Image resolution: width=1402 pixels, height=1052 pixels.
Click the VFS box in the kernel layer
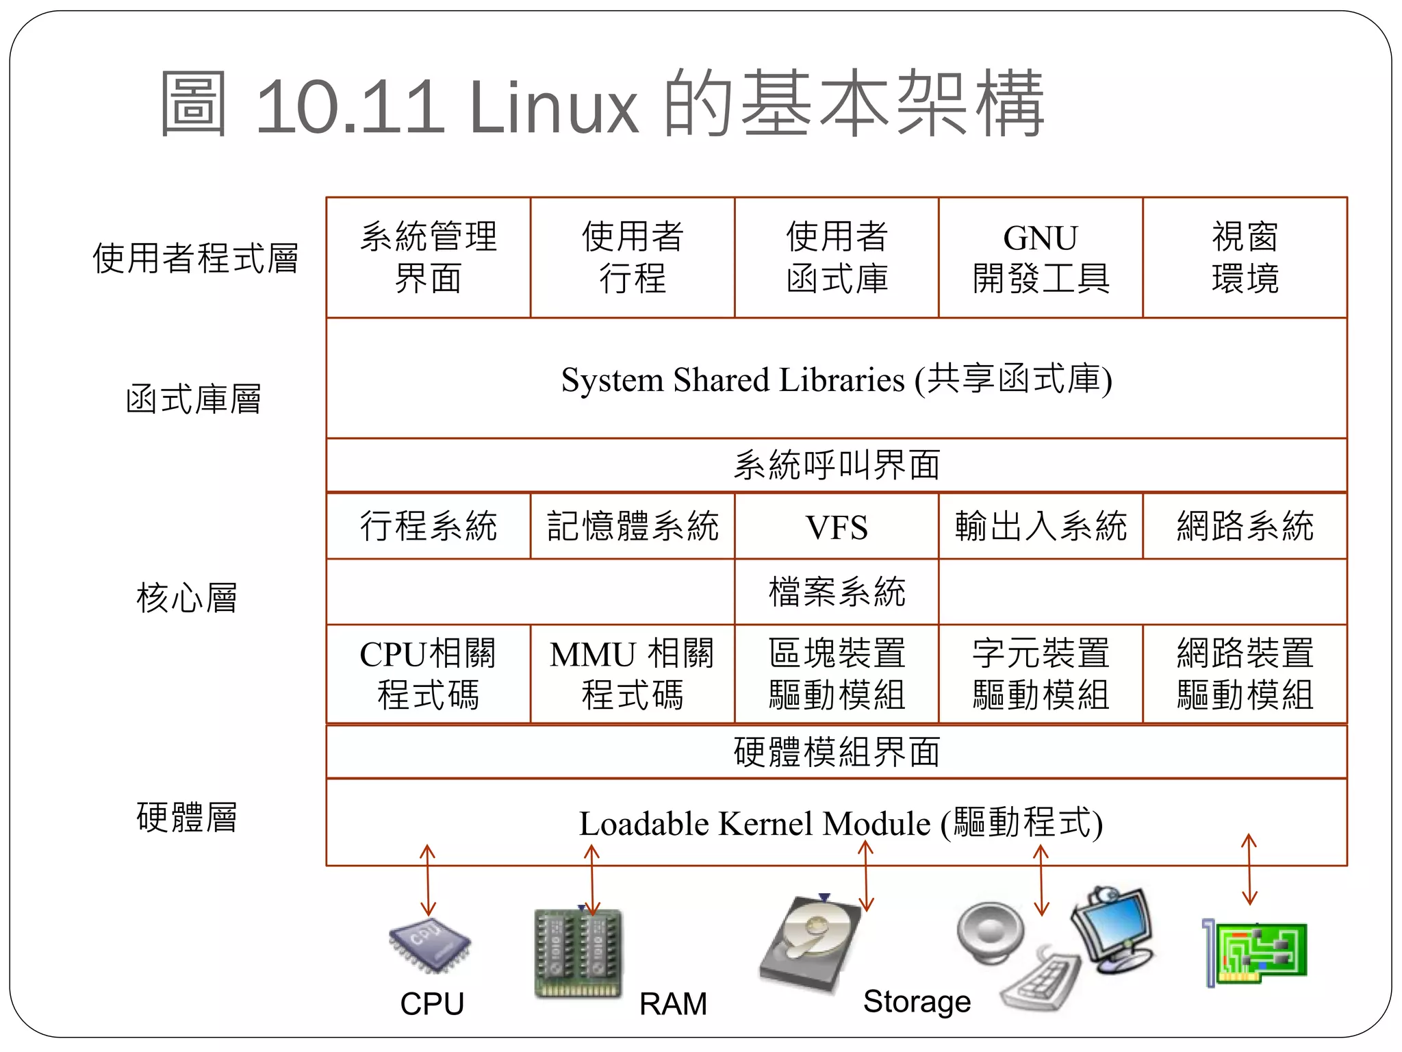(837, 527)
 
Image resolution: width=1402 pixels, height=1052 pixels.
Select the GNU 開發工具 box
(1041, 258)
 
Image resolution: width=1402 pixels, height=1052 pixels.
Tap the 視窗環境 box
(1245, 258)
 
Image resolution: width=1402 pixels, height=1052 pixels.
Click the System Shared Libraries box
(837, 379)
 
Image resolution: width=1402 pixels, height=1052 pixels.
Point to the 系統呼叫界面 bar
(837, 466)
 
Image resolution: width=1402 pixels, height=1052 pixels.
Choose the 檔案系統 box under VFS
(837, 592)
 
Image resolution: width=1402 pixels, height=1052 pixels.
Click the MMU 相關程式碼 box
(633, 674)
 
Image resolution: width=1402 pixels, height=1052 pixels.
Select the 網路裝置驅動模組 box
(1245, 674)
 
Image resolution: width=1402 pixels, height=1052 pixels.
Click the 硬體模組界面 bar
(837, 752)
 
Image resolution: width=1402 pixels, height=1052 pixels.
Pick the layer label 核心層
(186, 598)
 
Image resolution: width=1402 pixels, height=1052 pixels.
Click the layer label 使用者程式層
(195, 258)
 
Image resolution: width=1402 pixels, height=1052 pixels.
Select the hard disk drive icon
(811, 942)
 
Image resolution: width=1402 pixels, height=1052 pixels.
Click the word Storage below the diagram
(917, 1001)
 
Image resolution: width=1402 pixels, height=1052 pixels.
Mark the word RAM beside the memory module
(673, 1004)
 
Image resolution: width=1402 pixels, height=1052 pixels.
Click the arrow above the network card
(1249, 869)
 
